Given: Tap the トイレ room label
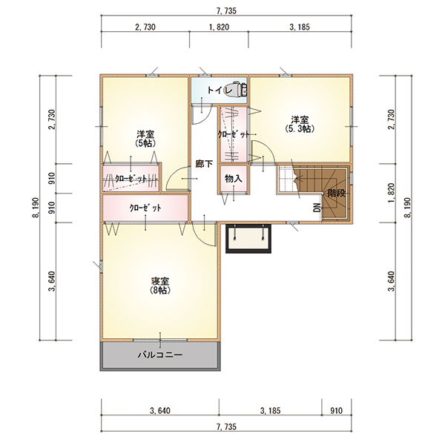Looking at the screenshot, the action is click(220, 90).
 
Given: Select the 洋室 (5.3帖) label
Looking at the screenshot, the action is click(300, 124).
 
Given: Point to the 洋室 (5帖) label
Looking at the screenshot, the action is click(146, 138).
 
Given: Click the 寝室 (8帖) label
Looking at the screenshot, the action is click(160, 286).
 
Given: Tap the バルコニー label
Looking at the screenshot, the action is click(160, 355).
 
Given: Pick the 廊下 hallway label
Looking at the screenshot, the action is click(204, 164).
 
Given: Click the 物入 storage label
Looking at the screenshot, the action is click(234, 179).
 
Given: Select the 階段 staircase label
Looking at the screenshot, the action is click(337, 194).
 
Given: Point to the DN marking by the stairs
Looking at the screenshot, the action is click(317, 208).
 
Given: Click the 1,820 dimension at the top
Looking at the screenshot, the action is click(219, 27).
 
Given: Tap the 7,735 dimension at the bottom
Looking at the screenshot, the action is click(226, 426).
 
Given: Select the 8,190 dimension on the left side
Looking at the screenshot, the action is click(36, 208).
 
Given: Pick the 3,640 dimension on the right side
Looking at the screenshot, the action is click(392, 281).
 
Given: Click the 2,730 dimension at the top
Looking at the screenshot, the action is click(145, 27).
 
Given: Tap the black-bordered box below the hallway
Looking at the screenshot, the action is click(249, 238).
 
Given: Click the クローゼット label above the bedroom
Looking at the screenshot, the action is click(145, 208).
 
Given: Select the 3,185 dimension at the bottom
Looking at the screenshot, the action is click(270, 411).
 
